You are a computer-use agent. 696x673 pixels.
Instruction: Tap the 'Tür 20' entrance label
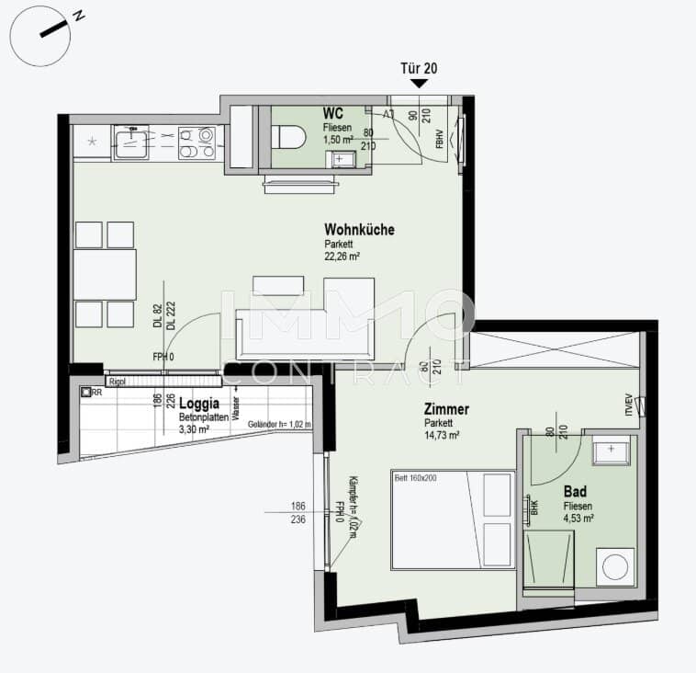coord(419,68)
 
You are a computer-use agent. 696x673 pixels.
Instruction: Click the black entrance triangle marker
coord(419,84)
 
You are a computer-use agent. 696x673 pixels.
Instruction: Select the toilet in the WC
coord(287,138)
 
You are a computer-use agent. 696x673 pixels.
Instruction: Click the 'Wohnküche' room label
coord(359,229)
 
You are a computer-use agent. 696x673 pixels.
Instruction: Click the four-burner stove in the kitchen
coord(196,142)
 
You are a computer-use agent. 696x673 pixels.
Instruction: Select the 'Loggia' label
coord(197,402)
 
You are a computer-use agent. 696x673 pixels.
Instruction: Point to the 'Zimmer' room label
coord(446,409)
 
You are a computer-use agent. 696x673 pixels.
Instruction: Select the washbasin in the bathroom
coord(610,451)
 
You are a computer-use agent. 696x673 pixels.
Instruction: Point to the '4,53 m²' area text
coord(578,518)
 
